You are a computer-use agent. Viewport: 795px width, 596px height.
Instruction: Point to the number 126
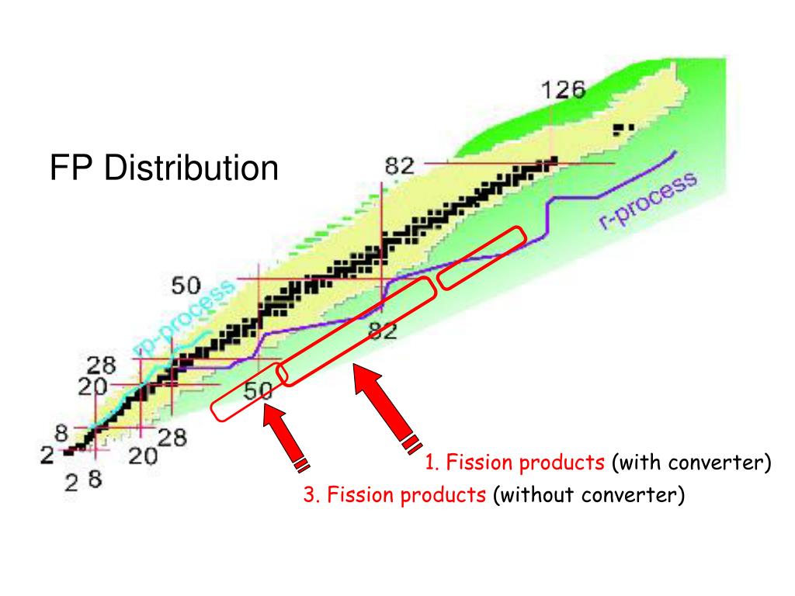(x=563, y=90)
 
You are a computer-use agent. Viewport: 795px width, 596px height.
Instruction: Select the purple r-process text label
(x=647, y=201)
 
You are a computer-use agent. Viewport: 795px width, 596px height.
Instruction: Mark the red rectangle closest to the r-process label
(x=481, y=258)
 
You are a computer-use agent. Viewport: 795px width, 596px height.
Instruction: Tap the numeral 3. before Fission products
(x=312, y=494)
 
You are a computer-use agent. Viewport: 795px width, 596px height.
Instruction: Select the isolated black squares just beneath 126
(x=623, y=128)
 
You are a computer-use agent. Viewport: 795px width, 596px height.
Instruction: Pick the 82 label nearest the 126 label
(x=401, y=165)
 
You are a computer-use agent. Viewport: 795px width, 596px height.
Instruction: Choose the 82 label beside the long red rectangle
(x=382, y=332)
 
